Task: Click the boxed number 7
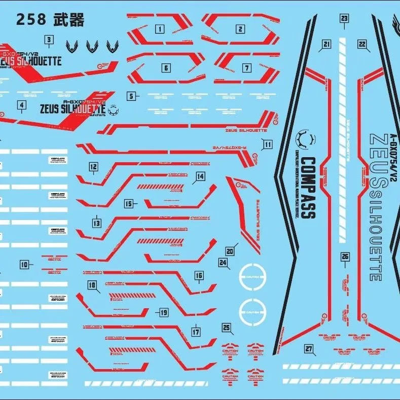[x=247, y=67]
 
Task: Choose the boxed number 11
[x=268, y=144]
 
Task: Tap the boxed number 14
[x=200, y=176]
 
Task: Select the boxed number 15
[x=128, y=204]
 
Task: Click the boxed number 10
[x=24, y=264]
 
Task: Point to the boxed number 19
[x=163, y=312]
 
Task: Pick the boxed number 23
[x=344, y=19]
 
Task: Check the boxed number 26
[x=345, y=257]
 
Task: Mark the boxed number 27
[x=308, y=348]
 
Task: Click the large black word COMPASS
[x=307, y=188]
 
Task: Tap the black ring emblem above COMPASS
[x=307, y=137]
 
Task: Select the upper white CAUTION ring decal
[x=252, y=277]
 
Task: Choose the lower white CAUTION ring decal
[x=252, y=309]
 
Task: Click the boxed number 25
[x=226, y=327]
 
